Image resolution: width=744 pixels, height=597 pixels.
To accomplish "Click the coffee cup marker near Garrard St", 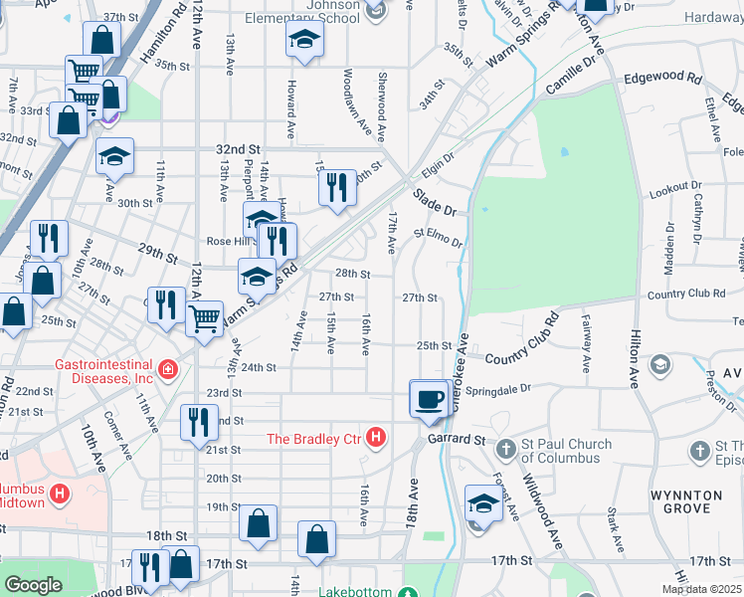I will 429,399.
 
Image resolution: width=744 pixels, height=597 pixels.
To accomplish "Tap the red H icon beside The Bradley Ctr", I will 376,437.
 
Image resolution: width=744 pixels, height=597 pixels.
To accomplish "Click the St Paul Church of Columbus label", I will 562,451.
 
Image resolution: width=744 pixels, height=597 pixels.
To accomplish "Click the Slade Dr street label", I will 435,202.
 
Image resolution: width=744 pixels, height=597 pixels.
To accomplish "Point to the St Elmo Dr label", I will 439,239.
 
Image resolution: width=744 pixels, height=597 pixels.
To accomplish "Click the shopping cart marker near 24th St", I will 204,320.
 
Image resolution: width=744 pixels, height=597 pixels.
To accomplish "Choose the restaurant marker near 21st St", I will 199,422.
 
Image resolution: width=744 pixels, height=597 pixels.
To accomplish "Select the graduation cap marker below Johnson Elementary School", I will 305,41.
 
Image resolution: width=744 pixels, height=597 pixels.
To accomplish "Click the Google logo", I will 33,585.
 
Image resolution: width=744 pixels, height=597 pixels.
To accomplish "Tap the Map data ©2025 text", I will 701,589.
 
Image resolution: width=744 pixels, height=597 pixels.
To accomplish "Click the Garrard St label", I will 457,438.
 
